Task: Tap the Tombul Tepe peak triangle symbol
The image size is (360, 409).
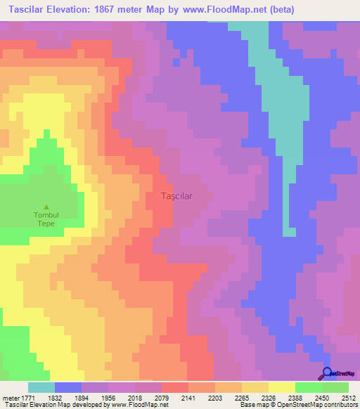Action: point(46,207)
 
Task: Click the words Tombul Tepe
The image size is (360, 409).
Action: point(46,219)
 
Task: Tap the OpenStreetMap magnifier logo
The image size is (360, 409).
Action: point(328,374)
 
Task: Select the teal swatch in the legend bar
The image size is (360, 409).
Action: point(41,387)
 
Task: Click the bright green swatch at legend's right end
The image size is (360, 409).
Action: point(335,387)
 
